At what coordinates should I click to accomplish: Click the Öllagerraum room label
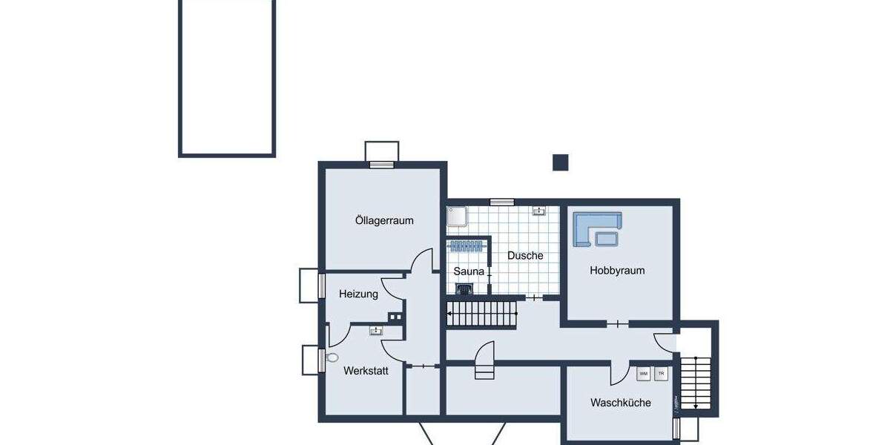(x=383, y=220)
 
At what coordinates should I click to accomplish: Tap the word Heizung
(x=358, y=294)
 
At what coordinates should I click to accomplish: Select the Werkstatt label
(x=366, y=369)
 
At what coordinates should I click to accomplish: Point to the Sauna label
(x=469, y=271)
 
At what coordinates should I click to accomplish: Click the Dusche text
(x=525, y=255)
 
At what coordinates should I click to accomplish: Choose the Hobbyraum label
(x=617, y=271)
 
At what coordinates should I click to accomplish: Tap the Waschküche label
(x=620, y=403)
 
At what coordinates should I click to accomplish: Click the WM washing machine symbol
(x=643, y=373)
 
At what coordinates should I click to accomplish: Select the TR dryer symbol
(x=661, y=373)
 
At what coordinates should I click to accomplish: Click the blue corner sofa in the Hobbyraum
(x=597, y=228)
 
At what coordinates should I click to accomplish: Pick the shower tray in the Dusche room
(x=457, y=216)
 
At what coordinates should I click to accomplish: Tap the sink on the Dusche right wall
(x=539, y=211)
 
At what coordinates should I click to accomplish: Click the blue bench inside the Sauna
(x=467, y=246)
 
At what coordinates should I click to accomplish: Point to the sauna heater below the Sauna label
(x=464, y=289)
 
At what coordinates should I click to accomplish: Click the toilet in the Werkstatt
(x=332, y=357)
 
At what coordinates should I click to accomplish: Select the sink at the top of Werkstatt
(x=377, y=331)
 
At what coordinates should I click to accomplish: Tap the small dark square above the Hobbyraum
(x=560, y=162)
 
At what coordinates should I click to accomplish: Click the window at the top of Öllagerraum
(x=382, y=165)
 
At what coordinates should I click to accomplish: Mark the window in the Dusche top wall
(x=502, y=202)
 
